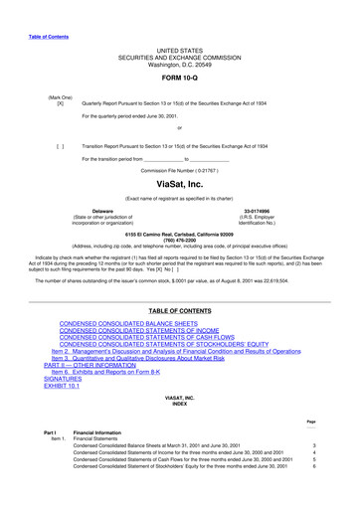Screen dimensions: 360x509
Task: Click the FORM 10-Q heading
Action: [x=179, y=79]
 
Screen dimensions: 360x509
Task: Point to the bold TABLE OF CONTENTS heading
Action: [x=179, y=311]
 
